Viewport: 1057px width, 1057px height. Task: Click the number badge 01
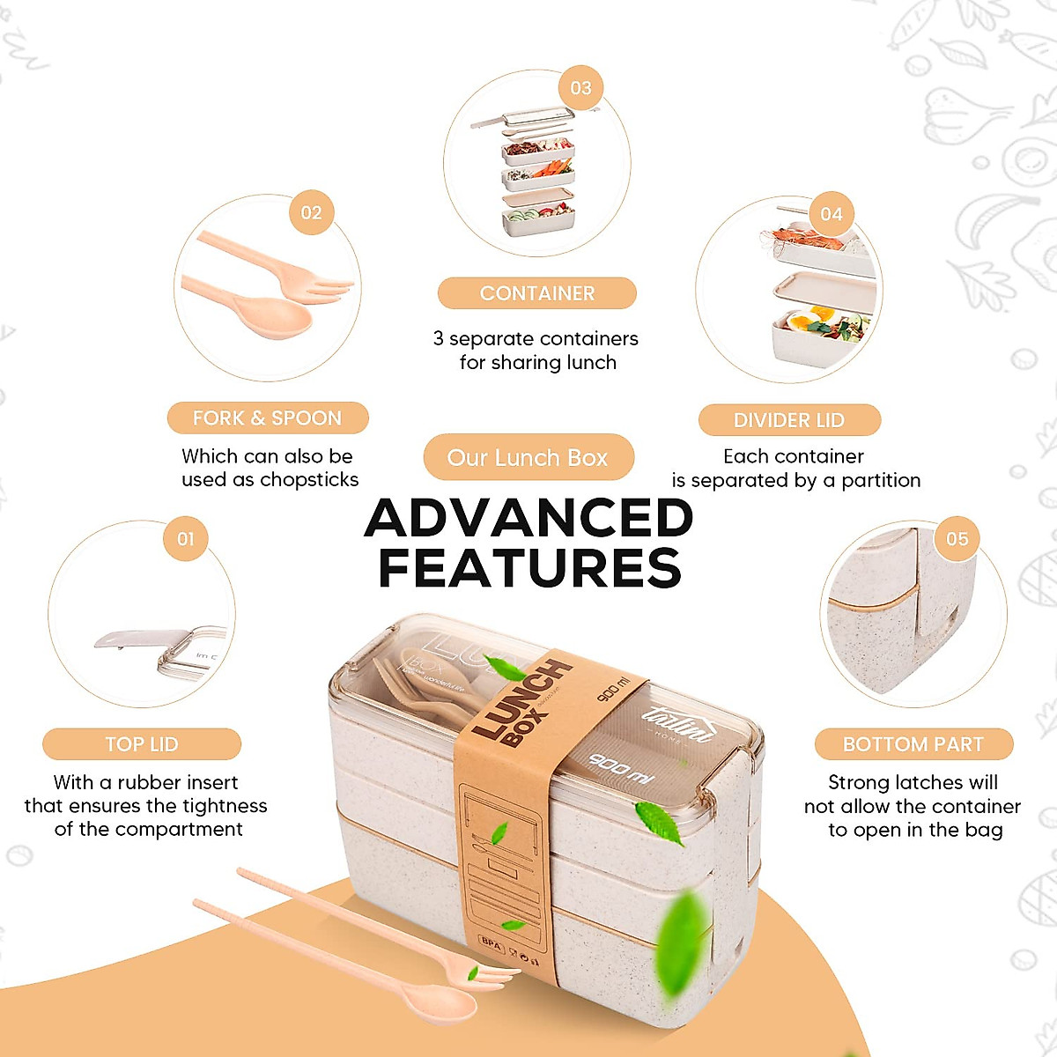tap(186, 539)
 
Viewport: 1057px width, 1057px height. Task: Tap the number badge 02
tap(311, 213)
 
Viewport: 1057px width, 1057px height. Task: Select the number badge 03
tap(580, 88)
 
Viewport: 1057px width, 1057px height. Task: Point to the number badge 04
tap(832, 215)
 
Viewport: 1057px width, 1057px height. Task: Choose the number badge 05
tap(957, 539)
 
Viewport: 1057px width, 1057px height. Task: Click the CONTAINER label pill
tap(537, 293)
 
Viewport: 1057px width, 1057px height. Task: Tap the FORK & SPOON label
tap(267, 418)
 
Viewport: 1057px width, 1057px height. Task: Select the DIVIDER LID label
tap(789, 420)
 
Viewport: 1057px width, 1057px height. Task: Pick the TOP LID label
tap(142, 744)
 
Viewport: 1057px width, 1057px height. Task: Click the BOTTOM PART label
tap(913, 744)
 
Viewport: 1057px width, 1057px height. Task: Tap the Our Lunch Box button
tap(528, 458)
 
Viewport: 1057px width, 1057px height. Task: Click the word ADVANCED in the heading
tap(528, 518)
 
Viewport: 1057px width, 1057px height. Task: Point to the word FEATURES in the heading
tap(529, 568)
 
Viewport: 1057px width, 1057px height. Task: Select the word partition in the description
tap(881, 481)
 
